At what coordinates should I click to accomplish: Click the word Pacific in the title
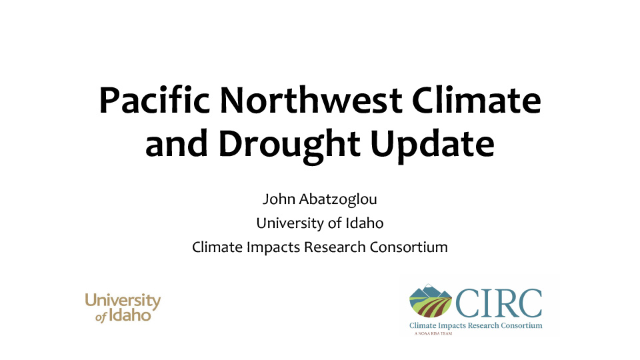point(154,101)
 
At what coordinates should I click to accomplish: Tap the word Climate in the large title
point(476,101)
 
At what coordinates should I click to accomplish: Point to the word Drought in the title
point(289,145)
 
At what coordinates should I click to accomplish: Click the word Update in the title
point(433,145)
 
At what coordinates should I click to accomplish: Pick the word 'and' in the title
point(176,144)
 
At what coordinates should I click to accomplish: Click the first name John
point(279,199)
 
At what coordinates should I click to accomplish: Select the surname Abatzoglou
point(339,199)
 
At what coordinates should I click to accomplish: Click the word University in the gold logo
point(123,301)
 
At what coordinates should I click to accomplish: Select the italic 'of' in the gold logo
point(101,317)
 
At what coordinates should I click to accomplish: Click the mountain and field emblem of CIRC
point(431,301)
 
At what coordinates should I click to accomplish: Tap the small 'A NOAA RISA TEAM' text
point(433,333)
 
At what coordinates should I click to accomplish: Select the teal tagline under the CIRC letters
point(476,325)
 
